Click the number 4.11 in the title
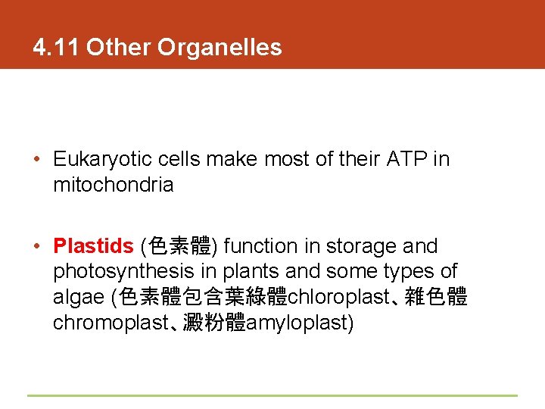point(57,48)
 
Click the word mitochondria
point(113,185)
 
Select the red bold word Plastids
point(93,246)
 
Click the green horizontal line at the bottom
point(272,395)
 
